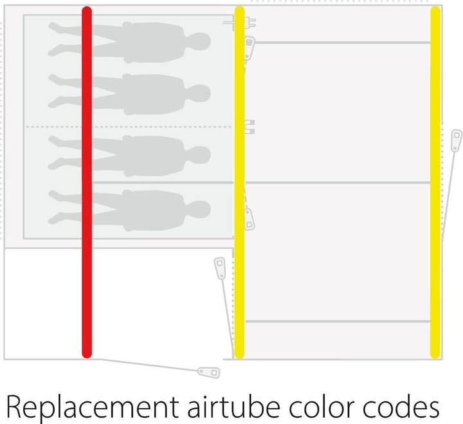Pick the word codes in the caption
(x=405, y=406)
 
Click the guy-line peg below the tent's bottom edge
(x=208, y=372)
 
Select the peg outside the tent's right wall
(x=456, y=140)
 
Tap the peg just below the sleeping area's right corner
(x=220, y=268)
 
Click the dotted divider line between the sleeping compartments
(x=129, y=127)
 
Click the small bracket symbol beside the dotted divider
(x=250, y=126)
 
